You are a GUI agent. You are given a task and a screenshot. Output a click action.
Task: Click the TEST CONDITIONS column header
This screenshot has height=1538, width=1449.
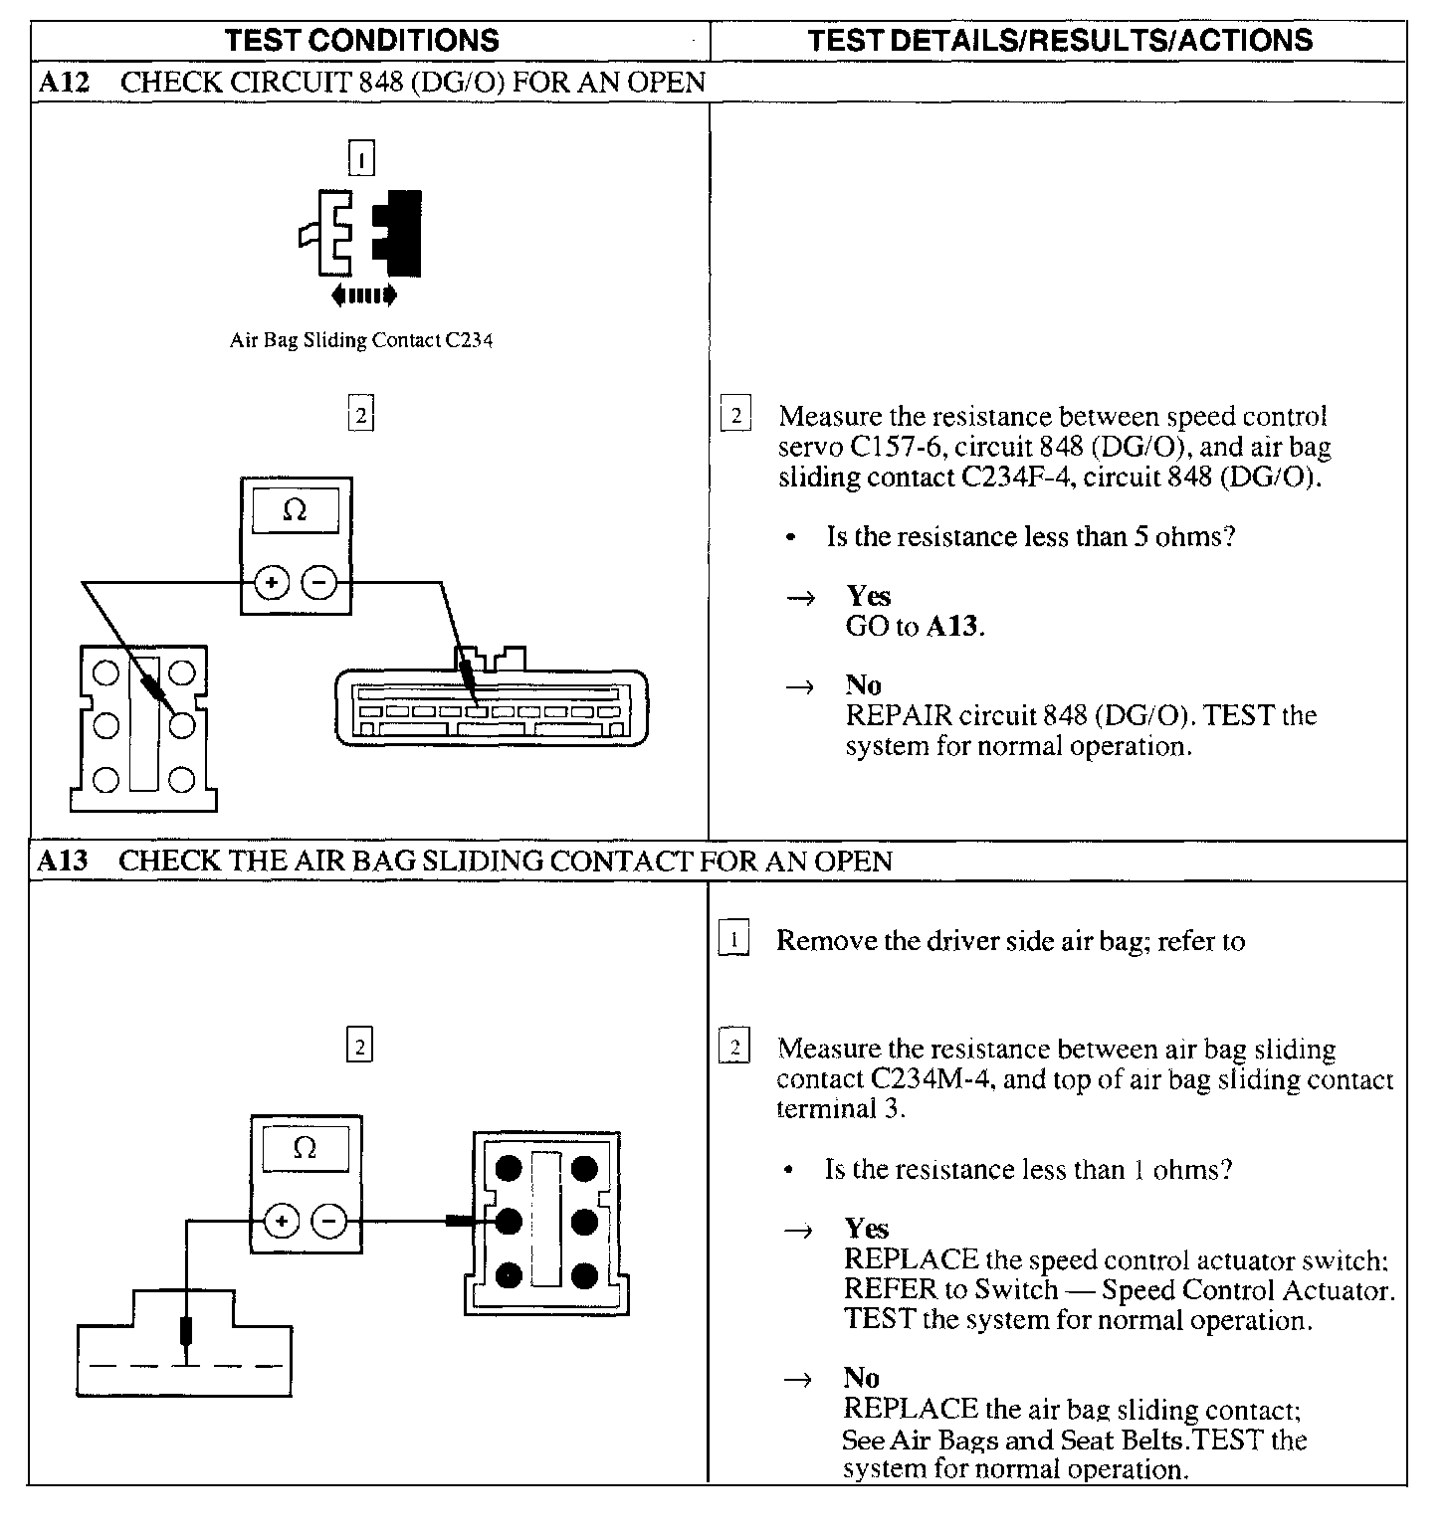click(x=362, y=40)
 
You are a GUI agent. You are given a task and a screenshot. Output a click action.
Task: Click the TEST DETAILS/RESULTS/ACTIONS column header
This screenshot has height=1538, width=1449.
click(x=1059, y=40)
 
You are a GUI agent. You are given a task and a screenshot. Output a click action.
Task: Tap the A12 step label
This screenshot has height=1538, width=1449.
click(x=64, y=83)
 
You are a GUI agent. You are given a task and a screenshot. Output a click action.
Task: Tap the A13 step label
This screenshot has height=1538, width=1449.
click(x=62, y=862)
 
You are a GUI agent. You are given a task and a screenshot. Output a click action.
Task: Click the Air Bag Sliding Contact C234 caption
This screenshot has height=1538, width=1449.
click(x=361, y=341)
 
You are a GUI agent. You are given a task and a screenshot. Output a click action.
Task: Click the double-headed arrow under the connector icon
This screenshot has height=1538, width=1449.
click(x=364, y=294)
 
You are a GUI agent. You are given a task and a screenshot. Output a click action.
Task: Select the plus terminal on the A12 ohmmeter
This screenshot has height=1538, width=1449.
click(x=272, y=583)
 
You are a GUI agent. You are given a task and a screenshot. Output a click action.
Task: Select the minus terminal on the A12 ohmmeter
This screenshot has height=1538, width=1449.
click(x=318, y=583)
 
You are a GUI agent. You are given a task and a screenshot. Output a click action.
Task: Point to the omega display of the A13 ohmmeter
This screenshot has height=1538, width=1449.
click(x=305, y=1149)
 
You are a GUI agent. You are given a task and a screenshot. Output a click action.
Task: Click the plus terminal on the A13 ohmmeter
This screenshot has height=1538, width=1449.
click(x=283, y=1221)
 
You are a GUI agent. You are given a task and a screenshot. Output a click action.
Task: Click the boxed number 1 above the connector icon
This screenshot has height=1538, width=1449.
click(x=361, y=158)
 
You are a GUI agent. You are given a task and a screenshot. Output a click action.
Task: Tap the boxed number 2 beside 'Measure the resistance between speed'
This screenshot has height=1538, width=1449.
click(x=735, y=416)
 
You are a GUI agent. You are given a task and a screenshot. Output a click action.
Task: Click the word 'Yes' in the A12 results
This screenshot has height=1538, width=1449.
click(x=868, y=596)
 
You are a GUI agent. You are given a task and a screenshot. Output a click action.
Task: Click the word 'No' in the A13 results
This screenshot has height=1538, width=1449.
click(x=861, y=1378)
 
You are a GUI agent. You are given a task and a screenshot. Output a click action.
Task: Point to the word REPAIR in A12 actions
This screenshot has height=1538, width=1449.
click(x=899, y=716)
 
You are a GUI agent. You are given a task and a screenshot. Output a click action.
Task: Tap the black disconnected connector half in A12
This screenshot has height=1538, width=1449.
click(x=399, y=233)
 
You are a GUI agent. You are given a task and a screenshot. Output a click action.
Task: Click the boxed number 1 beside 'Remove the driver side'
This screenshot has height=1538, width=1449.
click(x=733, y=940)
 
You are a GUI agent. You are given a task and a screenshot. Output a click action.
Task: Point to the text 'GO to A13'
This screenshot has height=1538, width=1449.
click(x=914, y=627)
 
